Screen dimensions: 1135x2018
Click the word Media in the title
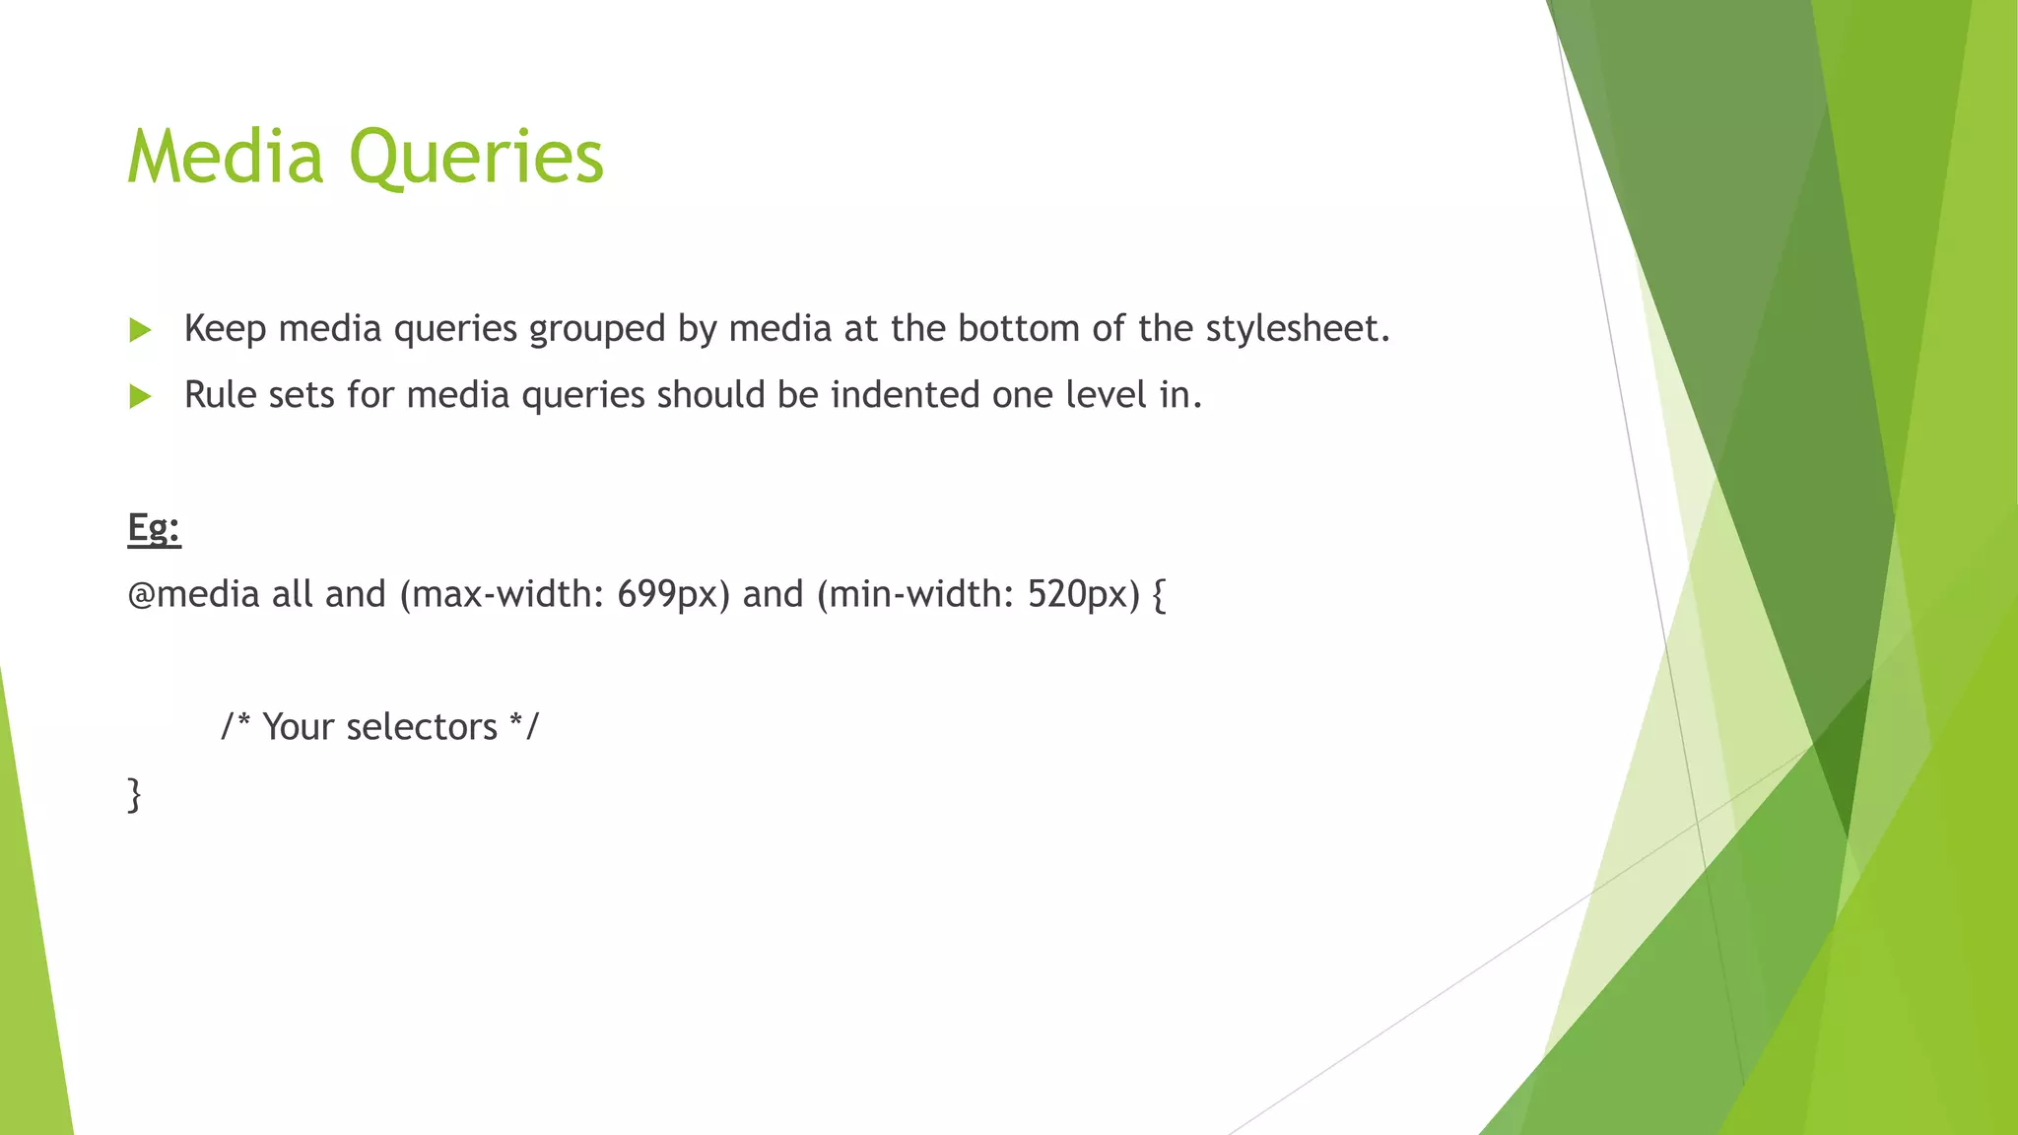(226, 157)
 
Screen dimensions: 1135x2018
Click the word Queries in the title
(477, 159)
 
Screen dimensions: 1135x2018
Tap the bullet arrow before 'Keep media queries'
(141, 330)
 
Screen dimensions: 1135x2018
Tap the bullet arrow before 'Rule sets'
(141, 397)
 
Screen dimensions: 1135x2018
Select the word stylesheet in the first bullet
(1297, 329)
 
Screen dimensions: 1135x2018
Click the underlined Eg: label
(154, 528)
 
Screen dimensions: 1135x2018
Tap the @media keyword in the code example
(193, 595)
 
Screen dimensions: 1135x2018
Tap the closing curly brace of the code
(135, 794)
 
